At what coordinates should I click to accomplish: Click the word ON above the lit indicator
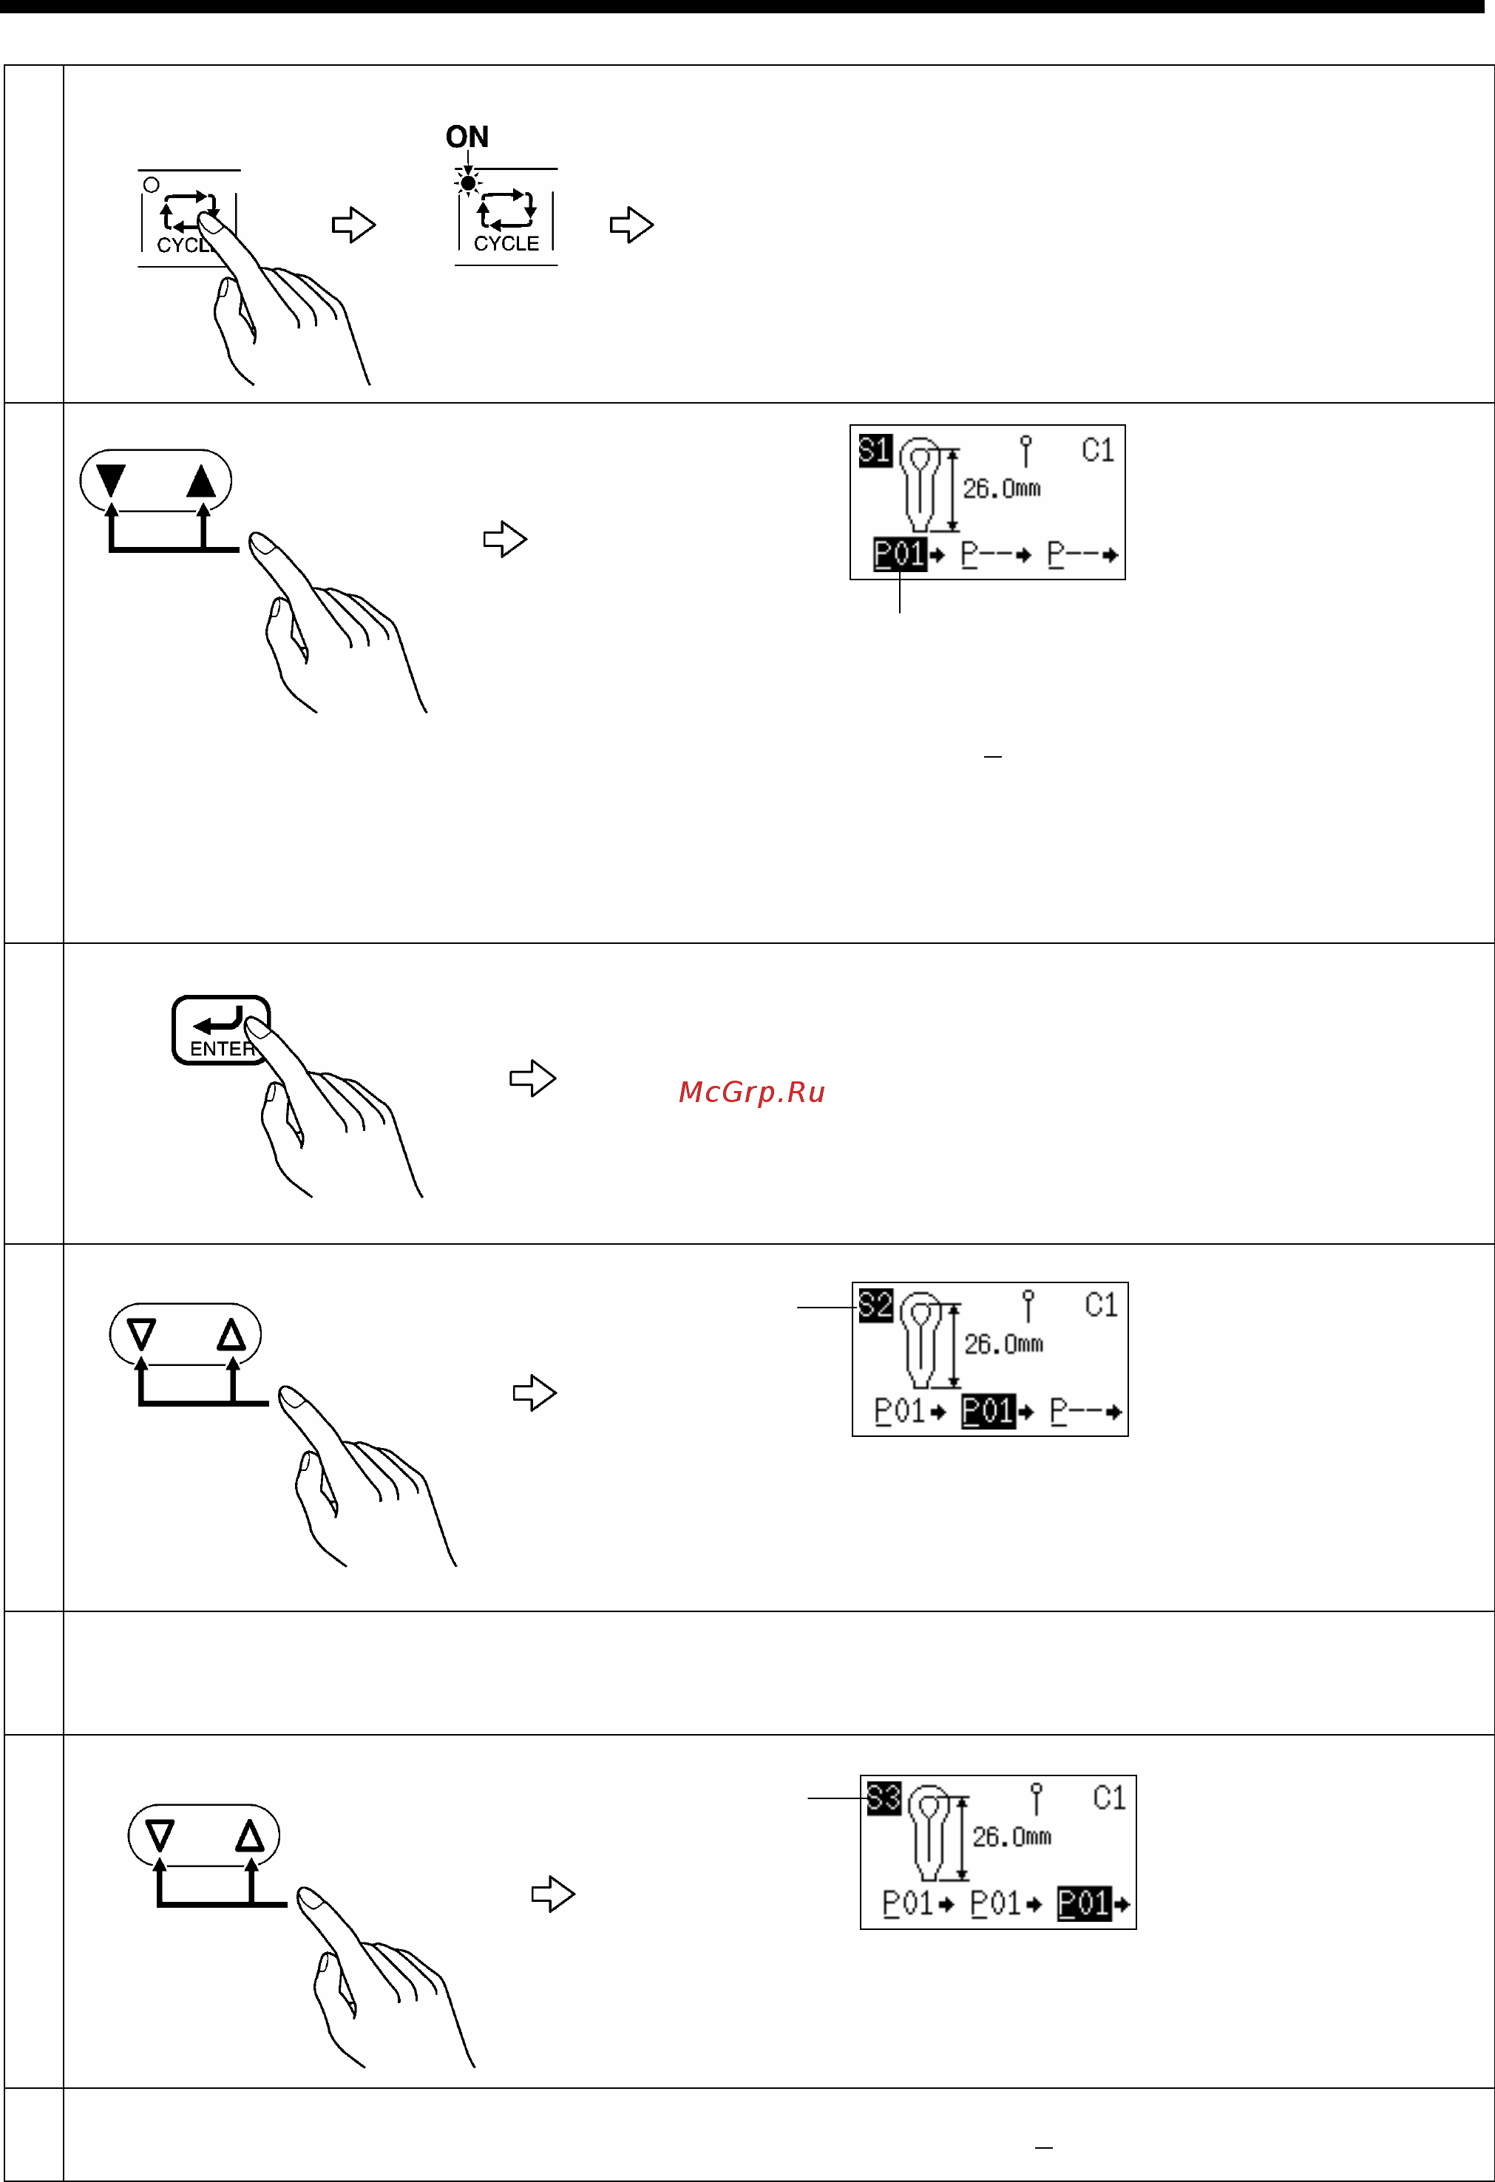click(467, 137)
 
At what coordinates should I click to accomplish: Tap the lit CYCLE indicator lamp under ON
click(468, 182)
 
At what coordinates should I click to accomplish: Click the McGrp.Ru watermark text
click(751, 1092)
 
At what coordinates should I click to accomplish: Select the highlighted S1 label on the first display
click(875, 451)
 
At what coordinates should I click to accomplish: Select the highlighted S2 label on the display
click(876, 1305)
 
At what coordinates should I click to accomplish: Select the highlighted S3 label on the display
click(884, 1798)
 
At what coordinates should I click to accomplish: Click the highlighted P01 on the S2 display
click(988, 1411)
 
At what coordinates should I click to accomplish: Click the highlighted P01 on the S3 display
click(1085, 1904)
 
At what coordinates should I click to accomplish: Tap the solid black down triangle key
click(111, 480)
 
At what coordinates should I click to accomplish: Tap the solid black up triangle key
click(201, 480)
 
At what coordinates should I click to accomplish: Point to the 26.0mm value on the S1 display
click(1001, 489)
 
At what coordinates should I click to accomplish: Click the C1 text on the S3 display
click(1109, 1798)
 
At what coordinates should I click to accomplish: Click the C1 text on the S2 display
click(1101, 1305)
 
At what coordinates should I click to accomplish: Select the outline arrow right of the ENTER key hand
click(532, 1078)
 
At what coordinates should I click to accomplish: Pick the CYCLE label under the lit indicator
click(506, 243)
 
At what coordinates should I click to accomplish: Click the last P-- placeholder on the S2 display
click(1085, 1411)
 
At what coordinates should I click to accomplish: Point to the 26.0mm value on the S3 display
click(1011, 1837)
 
